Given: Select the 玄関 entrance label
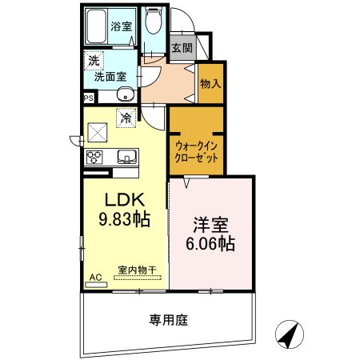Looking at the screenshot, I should (x=182, y=47).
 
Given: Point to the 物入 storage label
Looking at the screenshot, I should (x=210, y=82).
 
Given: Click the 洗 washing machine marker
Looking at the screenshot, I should (x=94, y=60).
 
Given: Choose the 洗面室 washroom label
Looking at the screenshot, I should (x=109, y=78).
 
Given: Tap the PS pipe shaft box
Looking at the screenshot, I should (x=88, y=98).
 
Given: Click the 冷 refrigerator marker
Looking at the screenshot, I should (x=126, y=117).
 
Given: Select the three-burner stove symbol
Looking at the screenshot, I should (x=94, y=156).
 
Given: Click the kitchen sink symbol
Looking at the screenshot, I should (x=126, y=155).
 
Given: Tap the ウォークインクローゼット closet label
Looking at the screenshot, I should (x=196, y=153).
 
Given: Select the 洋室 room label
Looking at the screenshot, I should (x=210, y=225).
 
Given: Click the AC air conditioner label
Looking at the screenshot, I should (x=95, y=278).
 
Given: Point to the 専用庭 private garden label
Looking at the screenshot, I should (x=167, y=321).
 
